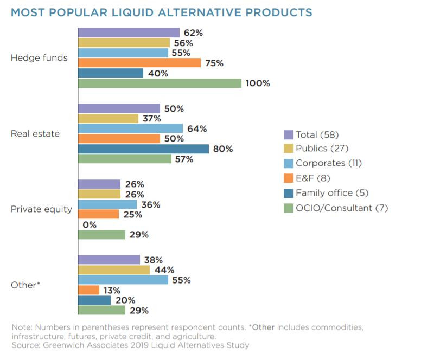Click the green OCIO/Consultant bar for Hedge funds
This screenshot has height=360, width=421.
pyautogui.click(x=160, y=83)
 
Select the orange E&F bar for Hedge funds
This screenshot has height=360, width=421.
pyautogui.click(x=139, y=63)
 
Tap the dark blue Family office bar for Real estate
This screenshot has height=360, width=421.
pyautogui.click(x=143, y=149)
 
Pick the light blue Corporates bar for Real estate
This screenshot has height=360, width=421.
pyautogui.click(x=130, y=128)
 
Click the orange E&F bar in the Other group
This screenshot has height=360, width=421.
pyautogui.click(x=88, y=290)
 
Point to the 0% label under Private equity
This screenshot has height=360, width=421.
pyautogui.click(x=90, y=224)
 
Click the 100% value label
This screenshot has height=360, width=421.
pyautogui.click(x=258, y=83)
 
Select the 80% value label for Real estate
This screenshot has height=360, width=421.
pyautogui.click(x=222, y=149)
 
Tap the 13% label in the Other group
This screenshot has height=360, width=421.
pyautogui.click(x=113, y=290)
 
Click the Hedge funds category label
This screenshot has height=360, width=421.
pyautogui.click(x=39, y=58)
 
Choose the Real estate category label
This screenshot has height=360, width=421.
pyautogui.click(x=35, y=134)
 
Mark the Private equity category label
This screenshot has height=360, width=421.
pyautogui.click(x=41, y=209)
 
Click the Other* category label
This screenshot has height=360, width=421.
pyautogui.click(x=25, y=285)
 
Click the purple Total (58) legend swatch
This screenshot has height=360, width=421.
pyautogui.click(x=288, y=135)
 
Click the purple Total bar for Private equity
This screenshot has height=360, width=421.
pyautogui.click(x=99, y=184)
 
